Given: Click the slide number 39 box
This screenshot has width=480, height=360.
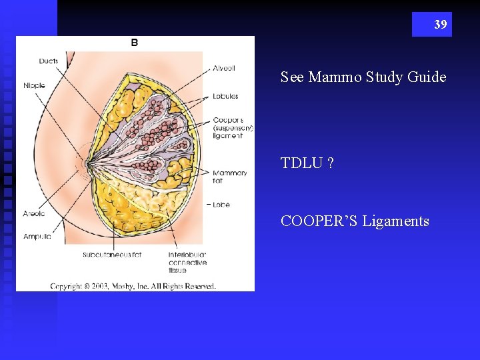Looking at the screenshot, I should pos(431,25).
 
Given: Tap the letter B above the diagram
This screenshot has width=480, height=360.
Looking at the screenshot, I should pos(135,43).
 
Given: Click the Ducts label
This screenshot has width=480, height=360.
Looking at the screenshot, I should pos(48,61).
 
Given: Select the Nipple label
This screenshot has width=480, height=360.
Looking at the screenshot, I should pos(35,85).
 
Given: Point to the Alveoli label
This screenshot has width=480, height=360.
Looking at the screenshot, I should pos(224,68).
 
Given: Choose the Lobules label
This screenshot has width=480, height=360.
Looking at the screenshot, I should pos(225,96).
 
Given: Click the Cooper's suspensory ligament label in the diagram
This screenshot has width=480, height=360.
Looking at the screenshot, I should pos(233,128).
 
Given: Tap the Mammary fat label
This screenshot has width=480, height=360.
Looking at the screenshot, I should pos(230,177).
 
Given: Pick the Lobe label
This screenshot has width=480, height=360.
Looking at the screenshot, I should pos(221,205).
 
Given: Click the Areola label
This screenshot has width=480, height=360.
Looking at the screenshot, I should pos(35,214).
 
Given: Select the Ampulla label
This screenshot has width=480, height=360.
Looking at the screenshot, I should pos(36,237).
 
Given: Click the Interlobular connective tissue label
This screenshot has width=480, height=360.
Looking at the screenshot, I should pos(187,263).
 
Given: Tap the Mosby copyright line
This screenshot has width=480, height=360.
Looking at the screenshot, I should pos(133,286).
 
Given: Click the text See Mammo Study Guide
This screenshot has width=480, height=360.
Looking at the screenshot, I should pos(363,77).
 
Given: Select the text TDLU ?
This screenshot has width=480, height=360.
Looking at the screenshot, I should pos(307,163).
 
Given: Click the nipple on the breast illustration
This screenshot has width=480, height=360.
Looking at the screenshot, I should pos(86,162).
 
